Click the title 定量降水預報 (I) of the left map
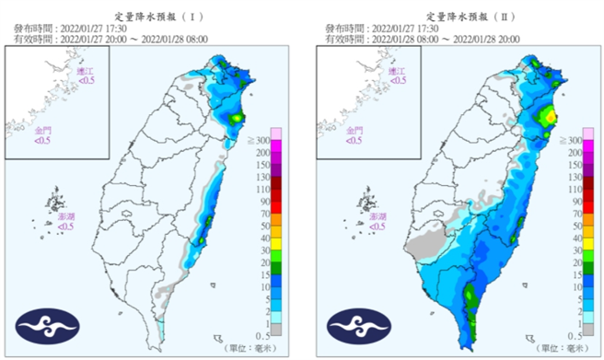point(152,16)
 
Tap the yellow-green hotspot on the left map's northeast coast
point(238,117)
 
